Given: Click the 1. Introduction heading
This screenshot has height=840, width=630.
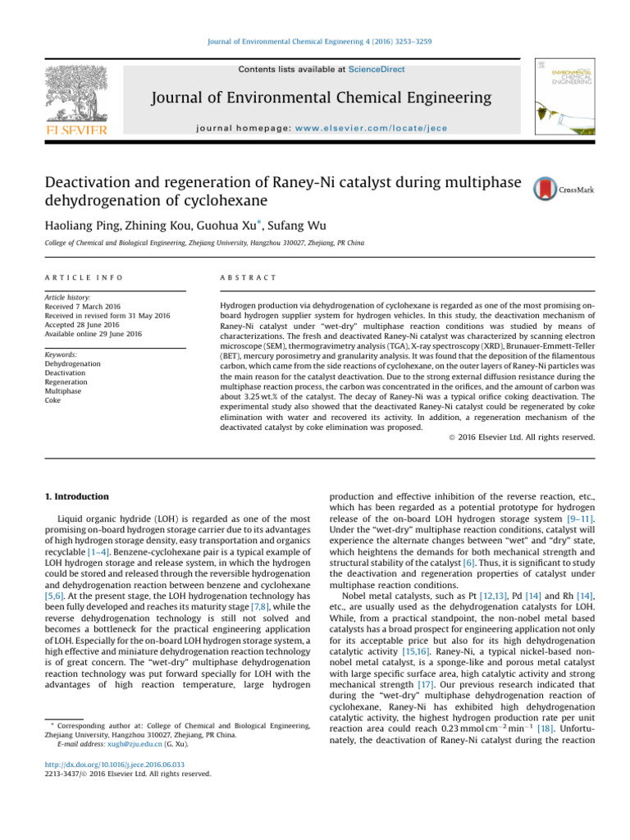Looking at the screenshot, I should click(76, 497).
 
